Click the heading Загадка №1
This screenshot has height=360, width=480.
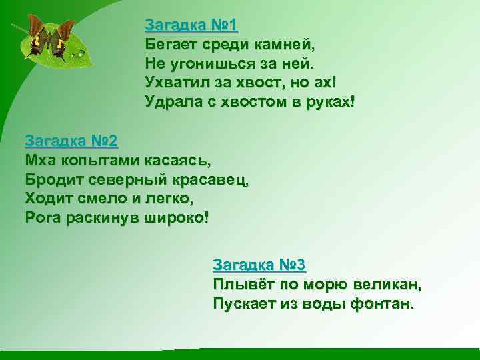tap(191, 26)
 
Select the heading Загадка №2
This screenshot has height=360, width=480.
tap(71, 141)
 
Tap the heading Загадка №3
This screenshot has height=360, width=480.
tap(259, 265)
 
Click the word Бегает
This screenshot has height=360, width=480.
tap(169, 45)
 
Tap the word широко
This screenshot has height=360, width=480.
tap(175, 218)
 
